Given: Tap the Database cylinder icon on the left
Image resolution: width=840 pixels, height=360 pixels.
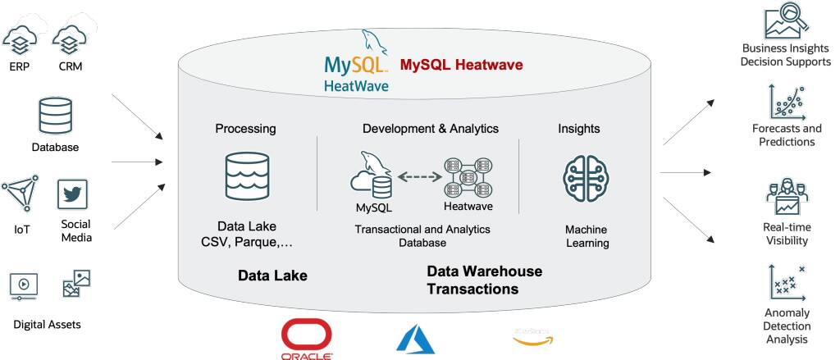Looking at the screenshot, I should pos(56,116).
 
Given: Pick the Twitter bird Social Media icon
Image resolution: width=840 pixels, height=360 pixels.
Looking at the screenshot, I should pos(72,194).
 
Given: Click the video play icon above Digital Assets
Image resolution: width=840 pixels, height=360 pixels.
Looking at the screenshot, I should pos(24,285).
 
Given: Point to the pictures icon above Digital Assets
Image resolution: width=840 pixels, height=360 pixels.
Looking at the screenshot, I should pos(76,284).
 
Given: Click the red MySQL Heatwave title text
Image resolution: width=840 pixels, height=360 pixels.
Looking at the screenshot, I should pos(461,65).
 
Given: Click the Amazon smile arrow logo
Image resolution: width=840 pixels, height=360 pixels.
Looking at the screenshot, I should pos(532,337).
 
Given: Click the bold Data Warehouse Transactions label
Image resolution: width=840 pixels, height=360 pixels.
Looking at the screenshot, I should pos(484,280).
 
